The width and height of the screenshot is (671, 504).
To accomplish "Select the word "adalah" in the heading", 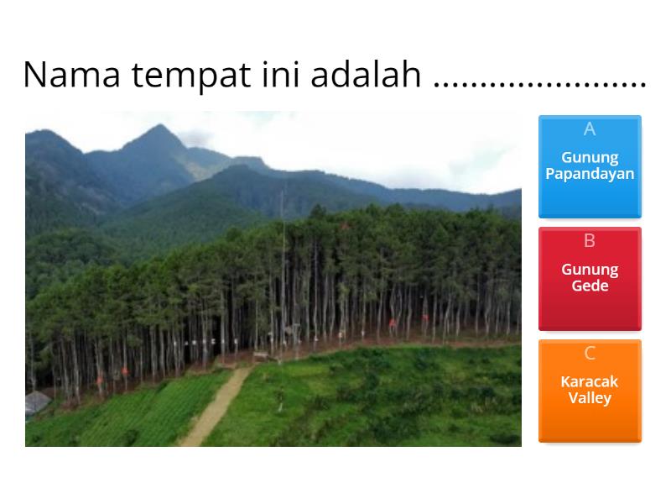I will pos(366,76).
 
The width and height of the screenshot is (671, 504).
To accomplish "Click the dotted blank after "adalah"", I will pos(540,81).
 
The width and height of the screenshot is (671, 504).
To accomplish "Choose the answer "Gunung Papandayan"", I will pos(590,166).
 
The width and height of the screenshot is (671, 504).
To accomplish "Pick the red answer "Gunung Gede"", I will pos(590,278).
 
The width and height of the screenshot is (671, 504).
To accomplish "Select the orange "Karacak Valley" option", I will pos(590,390).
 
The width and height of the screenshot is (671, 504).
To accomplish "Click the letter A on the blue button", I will pos(590,129).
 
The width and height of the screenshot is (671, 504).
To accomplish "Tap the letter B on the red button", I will pos(590,241).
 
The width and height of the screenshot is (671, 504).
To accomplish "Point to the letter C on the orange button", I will pos(590,353).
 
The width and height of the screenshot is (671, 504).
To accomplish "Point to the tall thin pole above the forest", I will pos(282,252).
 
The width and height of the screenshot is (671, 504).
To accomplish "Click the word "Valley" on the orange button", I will pos(590,398).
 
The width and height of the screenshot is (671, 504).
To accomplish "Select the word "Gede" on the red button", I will pos(590,286).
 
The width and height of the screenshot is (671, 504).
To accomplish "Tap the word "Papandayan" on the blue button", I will pos(590,175).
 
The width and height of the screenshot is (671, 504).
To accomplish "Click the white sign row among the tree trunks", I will pos(201,342).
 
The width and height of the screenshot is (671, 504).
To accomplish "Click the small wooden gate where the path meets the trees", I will pos(262,356).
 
